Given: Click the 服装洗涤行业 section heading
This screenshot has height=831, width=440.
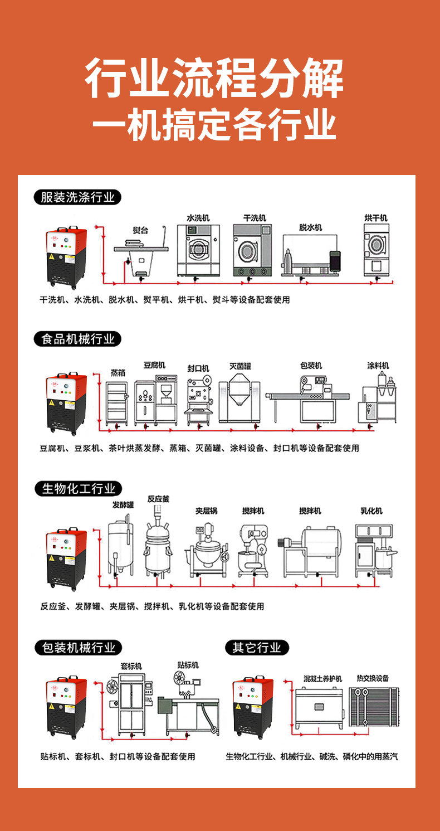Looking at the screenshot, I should pyautogui.click(x=77, y=197).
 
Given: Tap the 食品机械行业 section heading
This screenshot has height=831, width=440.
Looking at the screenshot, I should pyautogui.click(x=77, y=339).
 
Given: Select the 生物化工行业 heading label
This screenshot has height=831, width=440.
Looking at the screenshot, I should pyautogui.click(x=78, y=489).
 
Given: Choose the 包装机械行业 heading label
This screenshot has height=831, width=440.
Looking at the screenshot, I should pyautogui.click(x=78, y=648).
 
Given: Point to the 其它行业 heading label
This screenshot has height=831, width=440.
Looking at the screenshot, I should pyautogui.click(x=257, y=648).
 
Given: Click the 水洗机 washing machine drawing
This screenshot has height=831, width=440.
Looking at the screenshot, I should pyautogui.click(x=198, y=250).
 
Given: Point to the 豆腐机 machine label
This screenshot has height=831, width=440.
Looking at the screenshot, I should pyautogui.click(x=154, y=365).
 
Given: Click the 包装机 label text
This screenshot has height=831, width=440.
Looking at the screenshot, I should pyautogui.click(x=311, y=366).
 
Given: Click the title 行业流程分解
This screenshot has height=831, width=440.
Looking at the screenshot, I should pyautogui.click(x=214, y=80).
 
